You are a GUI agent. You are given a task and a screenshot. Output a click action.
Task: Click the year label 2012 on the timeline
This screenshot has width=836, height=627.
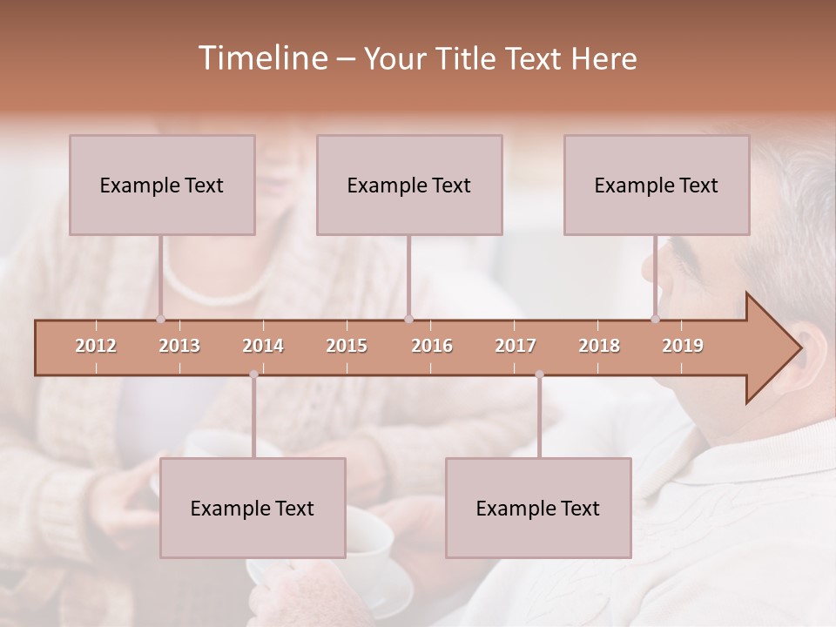pyautogui.click(x=96, y=346)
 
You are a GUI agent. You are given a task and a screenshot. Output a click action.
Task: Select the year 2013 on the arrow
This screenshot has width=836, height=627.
pyautogui.click(x=179, y=346)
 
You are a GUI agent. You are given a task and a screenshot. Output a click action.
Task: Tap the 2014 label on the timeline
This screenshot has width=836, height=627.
pyautogui.click(x=263, y=346)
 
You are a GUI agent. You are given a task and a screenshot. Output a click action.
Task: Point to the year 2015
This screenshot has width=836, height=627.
pyautogui.click(x=347, y=346)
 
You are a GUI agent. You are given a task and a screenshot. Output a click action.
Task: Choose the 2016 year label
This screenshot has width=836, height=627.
pyautogui.click(x=432, y=346)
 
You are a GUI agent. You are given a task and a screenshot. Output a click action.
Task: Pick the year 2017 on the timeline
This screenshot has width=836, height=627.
pyautogui.click(x=516, y=346)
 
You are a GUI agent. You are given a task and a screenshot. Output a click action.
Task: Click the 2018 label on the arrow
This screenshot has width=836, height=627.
pyautogui.click(x=599, y=346)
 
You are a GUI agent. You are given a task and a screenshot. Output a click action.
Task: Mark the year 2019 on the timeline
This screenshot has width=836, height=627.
pyautogui.click(x=683, y=346)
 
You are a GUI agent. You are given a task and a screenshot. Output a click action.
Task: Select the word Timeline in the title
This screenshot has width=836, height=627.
pyautogui.click(x=261, y=58)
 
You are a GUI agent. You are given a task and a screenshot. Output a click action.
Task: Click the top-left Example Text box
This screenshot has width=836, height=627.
pyautogui.click(x=162, y=185)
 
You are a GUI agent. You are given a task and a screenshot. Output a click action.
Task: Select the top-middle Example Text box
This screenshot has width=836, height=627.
pyautogui.click(x=409, y=185)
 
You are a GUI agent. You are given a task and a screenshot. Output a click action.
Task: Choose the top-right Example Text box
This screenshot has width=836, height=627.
pyautogui.click(x=657, y=185)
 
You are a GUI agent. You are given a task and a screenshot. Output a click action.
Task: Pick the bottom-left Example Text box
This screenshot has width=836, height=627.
pyautogui.click(x=253, y=508)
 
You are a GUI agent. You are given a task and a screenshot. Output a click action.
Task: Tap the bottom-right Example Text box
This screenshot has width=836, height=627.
pyautogui.click(x=538, y=508)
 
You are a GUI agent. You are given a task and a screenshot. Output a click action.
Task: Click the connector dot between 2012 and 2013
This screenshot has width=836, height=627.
pyautogui.click(x=160, y=320)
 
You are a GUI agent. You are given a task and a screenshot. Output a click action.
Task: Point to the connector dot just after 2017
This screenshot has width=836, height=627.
pyautogui.click(x=540, y=375)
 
